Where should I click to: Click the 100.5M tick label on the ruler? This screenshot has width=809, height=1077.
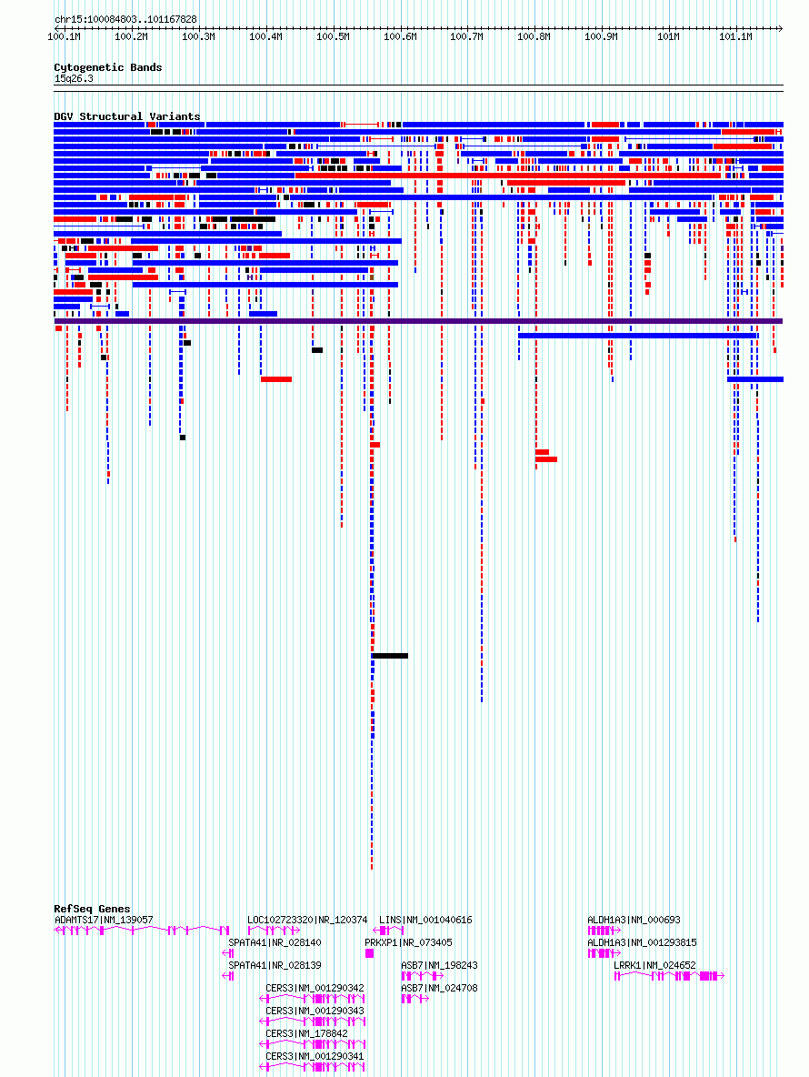(x=333, y=36)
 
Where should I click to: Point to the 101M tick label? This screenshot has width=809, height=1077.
(x=668, y=36)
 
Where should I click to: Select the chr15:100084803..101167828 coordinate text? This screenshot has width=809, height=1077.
(x=125, y=19)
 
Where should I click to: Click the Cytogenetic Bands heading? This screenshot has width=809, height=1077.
(x=108, y=67)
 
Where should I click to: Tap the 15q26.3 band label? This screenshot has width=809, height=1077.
(x=74, y=78)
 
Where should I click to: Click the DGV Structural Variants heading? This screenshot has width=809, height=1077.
(x=127, y=116)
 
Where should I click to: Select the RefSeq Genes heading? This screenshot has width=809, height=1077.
(x=92, y=909)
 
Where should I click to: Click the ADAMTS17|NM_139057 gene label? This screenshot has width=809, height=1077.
(x=104, y=920)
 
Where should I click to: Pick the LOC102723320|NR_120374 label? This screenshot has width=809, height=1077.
(x=307, y=920)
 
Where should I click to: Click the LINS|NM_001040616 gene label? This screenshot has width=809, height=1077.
(x=425, y=920)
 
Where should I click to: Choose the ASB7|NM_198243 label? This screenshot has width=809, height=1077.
(x=439, y=965)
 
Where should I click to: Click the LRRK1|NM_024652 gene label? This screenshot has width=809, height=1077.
(x=654, y=965)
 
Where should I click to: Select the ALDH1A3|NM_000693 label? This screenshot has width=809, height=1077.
(x=634, y=920)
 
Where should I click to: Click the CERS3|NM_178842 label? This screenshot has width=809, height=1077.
(x=306, y=1033)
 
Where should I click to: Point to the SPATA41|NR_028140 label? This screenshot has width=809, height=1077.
(x=275, y=942)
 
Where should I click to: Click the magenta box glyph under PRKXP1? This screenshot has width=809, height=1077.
(x=369, y=953)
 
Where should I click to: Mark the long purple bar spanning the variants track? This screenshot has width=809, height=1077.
(x=418, y=321)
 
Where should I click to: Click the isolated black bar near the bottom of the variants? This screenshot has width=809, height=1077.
(x=390, y=656)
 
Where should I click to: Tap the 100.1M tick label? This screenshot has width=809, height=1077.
(x=64, y=36)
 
